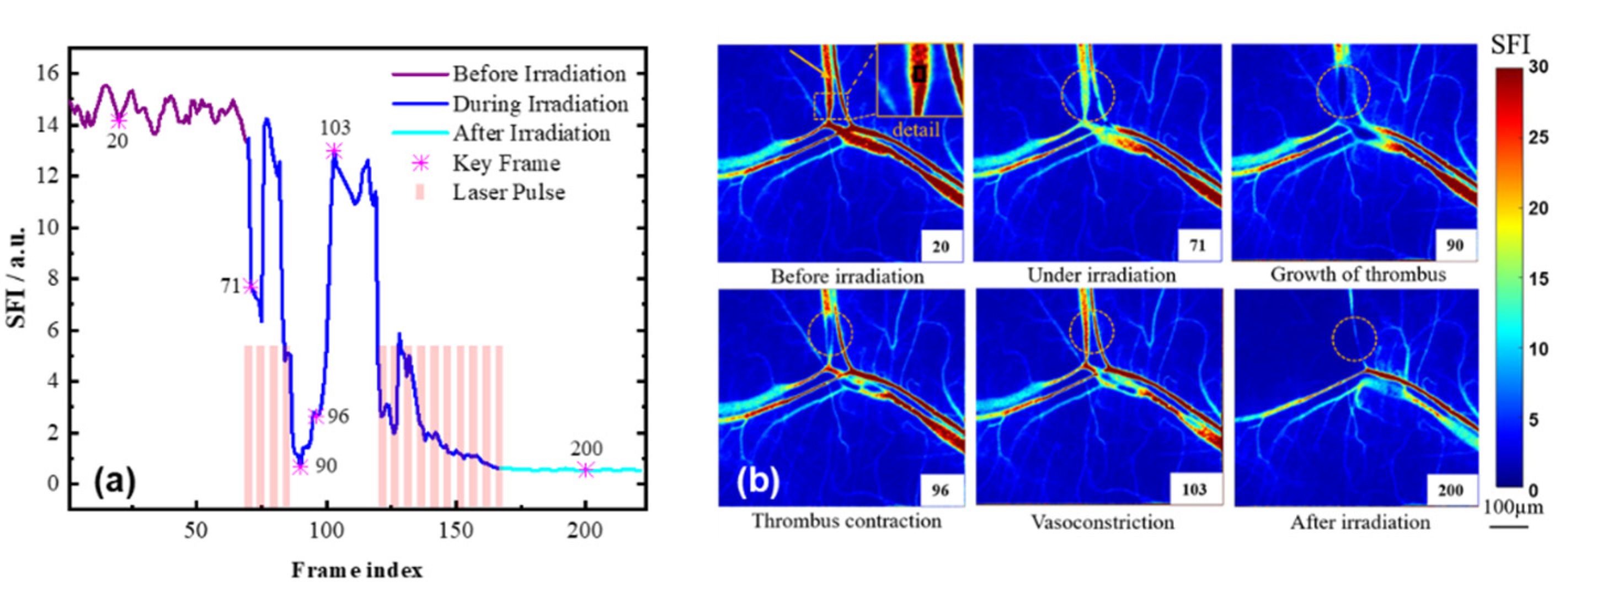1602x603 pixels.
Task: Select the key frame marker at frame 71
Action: click(x=250, y=287)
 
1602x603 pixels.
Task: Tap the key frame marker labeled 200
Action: click(x=585, y=471)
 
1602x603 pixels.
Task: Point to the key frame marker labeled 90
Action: click(x=300, y=467)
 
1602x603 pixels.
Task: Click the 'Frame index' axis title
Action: click(x=357, y=570)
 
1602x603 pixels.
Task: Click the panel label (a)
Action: click(x=114, y=482)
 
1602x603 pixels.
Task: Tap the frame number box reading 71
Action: click(x=1197, y=245)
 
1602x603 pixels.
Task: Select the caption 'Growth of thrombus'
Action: click(x=1358, y=275)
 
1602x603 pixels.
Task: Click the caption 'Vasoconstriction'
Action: click(x=1102, y=521)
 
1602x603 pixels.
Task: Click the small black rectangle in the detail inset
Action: click(x=920, y=74)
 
